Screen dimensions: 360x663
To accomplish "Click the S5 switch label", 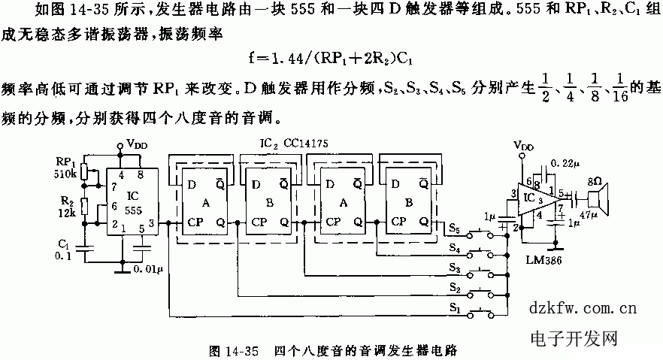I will (453, 227).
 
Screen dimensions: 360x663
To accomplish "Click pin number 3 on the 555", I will (153, 224).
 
